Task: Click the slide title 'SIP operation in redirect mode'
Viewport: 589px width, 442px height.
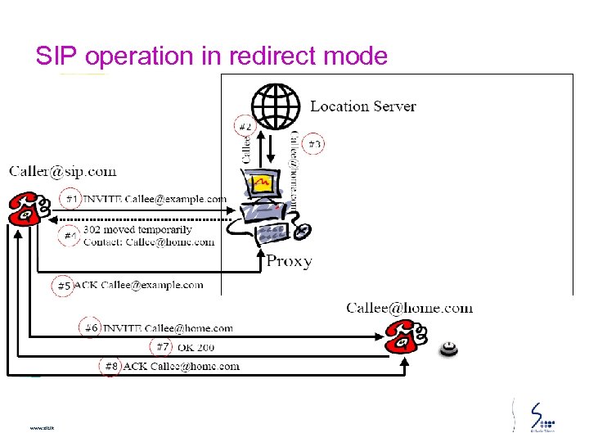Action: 211,56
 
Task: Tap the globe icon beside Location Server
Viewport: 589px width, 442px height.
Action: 276,106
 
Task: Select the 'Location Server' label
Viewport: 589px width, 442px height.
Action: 362,106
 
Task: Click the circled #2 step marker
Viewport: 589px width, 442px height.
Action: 245,125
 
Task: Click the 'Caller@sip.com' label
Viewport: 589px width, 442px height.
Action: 63,171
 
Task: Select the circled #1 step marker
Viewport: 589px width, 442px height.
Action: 72,198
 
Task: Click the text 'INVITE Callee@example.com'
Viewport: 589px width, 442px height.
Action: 155,199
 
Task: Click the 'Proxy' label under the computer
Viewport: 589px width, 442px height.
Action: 289,262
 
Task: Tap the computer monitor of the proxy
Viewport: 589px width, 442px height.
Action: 262,185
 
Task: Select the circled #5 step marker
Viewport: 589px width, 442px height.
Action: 64,286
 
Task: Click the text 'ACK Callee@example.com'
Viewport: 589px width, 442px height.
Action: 139,285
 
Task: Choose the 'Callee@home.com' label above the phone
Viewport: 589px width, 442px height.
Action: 409,308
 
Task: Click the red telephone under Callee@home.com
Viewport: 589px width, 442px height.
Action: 407,335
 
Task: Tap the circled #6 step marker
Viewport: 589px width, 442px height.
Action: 90,327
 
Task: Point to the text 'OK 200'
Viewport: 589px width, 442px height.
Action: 195,347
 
